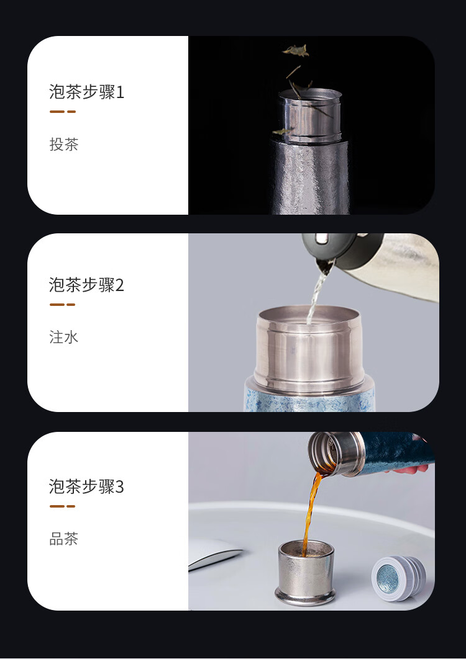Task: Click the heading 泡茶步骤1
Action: [x=87, y=92]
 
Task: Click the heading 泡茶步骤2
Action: [x=87, y=285]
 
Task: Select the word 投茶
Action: [x=64, y=145]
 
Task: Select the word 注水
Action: [x=64, y=338]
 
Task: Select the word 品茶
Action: [x=64, y=539]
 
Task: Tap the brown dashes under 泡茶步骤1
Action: [x=63, y=112]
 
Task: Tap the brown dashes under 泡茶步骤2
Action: [x=63, y=305]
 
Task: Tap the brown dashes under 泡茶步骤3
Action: [x=63, y=506]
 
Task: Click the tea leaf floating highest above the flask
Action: [x=296, y=50]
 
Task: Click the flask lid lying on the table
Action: [x=398, y=578]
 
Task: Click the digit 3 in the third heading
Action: [x=120, y=487]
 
